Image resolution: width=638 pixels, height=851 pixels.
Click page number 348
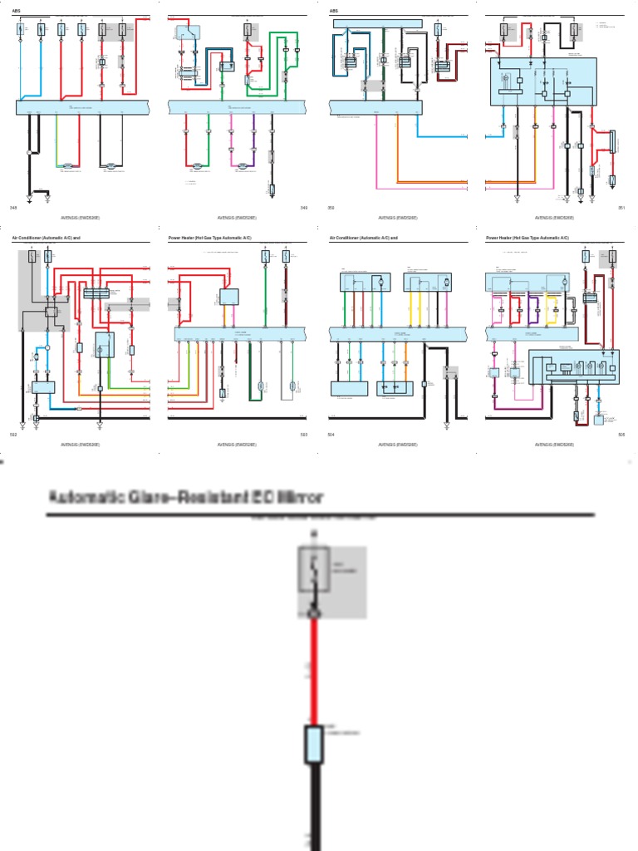(x=12, y=207)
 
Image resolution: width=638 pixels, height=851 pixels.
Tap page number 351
(x=621, y=207)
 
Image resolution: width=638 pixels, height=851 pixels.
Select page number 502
(x=12, y=434)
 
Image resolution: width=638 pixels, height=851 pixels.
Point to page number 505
(x=621, y=434)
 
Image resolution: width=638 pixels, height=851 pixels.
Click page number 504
(x=331, y=434)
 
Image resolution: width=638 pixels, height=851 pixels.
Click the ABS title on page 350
(x=334, y=12)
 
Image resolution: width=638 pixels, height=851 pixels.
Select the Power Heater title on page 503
(x=202, y=238)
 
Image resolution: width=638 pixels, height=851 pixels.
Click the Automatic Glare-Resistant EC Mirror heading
(x=186, y=497)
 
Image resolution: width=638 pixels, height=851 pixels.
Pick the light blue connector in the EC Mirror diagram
(x=314, y=744)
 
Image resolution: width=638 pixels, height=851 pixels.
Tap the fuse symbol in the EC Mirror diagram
(x=314, y=573)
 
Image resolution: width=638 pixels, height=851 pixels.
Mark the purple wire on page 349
(x=253, y=141)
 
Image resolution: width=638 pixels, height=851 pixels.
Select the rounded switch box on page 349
(x=188, y=33)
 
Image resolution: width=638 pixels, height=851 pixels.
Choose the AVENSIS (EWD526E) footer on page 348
(x=80, y=218)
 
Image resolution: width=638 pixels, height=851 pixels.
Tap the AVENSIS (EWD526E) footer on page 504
(x=398, y=445)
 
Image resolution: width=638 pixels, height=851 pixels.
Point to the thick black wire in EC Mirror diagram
(x=315, y=806)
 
